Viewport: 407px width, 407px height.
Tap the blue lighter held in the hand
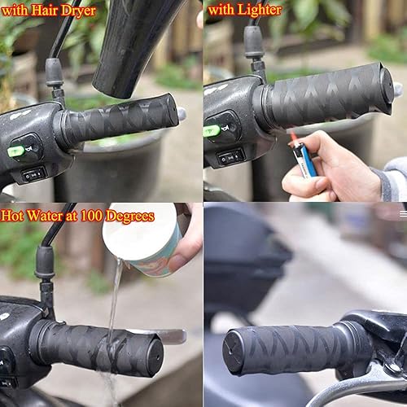point(304,160)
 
